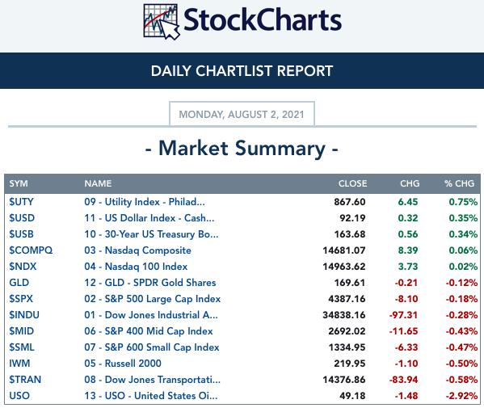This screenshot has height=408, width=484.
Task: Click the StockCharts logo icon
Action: (x=162, y=21)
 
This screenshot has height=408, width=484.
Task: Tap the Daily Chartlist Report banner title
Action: (x=242, y=71)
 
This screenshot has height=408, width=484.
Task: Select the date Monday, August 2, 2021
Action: (x=242, y=115)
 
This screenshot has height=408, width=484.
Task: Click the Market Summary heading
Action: (x=242, y=149)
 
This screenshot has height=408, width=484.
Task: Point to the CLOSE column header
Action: (x=352, y=183)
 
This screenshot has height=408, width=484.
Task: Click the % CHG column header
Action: (x=459, y=183)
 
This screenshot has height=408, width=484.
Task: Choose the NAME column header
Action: (x=98, y=183)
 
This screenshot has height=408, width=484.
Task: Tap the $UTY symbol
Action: (x=21, y=202)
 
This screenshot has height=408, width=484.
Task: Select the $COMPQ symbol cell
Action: (x=31, y=250)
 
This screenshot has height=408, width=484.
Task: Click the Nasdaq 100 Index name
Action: (x=136, y=267)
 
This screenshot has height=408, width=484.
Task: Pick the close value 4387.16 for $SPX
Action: (x=347, y=299)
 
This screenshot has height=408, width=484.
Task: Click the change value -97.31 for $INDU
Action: (x=403, y=315)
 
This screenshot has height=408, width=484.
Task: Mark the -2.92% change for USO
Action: (x=461, y=396)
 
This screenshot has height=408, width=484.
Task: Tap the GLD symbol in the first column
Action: (x=19, y=283)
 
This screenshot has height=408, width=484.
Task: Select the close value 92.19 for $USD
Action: (x=352, y=218)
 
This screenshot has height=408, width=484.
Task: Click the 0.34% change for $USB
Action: (x=463, y=234)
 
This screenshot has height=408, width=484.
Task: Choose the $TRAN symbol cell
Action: (x=25, y=380)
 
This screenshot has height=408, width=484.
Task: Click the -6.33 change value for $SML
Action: (x=406, y=347)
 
